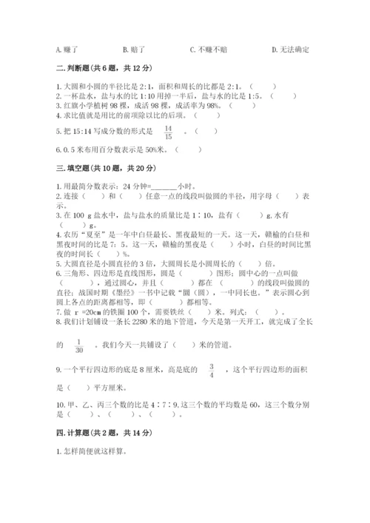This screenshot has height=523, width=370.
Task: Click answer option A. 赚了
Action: click(67, 50)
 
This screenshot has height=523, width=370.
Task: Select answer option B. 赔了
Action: click(134, 50)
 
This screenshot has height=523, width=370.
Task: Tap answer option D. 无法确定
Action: click(290, 50)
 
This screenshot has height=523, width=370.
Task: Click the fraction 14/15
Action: click(168, 132)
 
